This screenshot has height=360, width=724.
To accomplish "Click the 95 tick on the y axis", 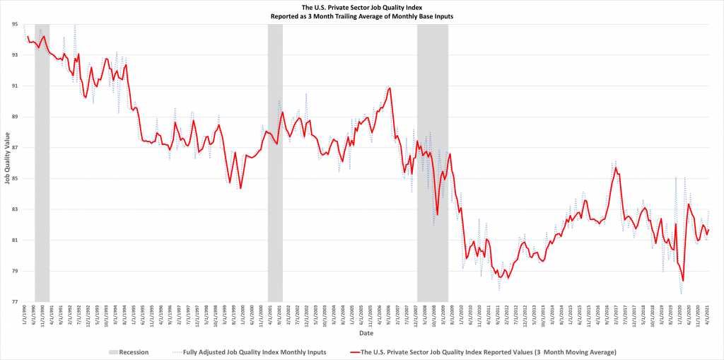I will click(x=15, y=24).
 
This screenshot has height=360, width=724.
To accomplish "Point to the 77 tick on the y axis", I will click(x=15, y=302).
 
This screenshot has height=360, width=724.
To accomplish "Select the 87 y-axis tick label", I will click(x=15, y=148).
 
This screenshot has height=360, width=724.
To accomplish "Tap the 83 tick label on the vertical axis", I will click(x=15, y=209).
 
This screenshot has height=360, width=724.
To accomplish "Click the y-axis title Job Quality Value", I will click(x=6, y=163).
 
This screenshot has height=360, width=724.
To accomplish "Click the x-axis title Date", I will click(x=366, y=332).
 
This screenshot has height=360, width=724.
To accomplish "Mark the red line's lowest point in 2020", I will click(x=684, y=281).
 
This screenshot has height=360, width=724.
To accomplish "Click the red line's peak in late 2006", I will click(x=390, y=88).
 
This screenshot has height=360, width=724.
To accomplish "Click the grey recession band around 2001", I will click(x=275, y=163).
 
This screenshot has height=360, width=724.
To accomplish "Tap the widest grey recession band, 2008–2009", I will click(x=433, y=163).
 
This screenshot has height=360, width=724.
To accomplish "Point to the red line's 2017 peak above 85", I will click(x=617, y=168).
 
